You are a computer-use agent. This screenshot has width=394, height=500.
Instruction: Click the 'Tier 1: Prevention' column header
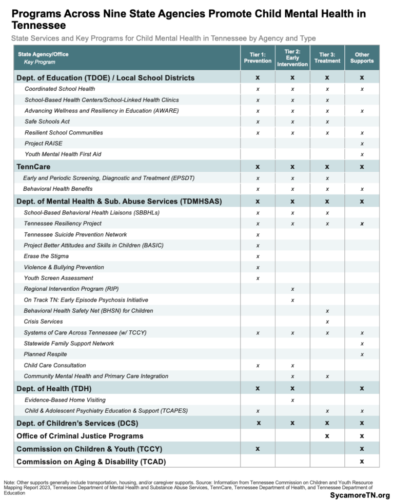(258, 57)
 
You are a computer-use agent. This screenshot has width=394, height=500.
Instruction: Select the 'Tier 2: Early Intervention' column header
(292, 57)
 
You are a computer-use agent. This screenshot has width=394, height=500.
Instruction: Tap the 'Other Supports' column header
(362, 57)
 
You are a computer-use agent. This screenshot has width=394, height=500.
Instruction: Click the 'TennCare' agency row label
(33, 167)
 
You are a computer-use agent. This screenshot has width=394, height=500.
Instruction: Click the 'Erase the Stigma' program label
(46, 256)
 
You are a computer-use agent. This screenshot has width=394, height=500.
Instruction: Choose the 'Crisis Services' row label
(43, 322)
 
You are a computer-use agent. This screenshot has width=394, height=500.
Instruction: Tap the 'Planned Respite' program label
(45, 354)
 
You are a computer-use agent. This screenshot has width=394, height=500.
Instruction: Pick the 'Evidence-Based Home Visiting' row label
(65, 400)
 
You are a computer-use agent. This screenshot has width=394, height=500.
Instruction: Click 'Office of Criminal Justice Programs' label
(80, 436)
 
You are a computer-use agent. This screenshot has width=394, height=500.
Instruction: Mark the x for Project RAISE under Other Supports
(362, 144)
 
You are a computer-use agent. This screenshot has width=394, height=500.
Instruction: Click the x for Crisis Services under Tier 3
(327, 322)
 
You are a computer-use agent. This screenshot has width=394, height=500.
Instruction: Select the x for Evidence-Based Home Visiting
(292, 400)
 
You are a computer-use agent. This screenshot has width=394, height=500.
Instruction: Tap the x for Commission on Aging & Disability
(362, 461)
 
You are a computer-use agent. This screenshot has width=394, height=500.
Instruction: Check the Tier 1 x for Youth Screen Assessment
(258, 278)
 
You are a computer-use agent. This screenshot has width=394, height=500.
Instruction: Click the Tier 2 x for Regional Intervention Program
(292, 289)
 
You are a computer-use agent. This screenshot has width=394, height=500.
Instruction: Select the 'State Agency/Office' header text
(43, 54)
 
